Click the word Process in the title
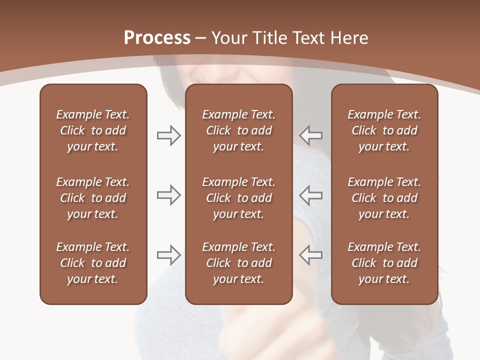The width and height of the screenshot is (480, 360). (x=157, y=38)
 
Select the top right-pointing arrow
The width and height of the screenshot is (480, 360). (x=168, y=135)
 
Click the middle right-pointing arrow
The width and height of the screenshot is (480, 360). (x=168, y=195)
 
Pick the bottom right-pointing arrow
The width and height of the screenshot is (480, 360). (x=168, y=255)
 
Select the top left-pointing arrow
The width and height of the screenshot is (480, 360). (x=311, y=135)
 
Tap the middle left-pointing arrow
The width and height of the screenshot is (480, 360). (x=311, y=195)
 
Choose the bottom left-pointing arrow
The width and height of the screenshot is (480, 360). (x=311, y=255)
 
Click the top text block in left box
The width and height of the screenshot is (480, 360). (x=93, y=130)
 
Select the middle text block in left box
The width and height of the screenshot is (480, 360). (x=93, y=198)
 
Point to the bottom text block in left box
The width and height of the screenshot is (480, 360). (x=93, y=263)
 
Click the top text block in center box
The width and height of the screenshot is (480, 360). (x=238, y=130)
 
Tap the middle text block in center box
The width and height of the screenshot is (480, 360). (x=238, y=198)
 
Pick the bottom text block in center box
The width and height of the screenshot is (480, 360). (x=238, y=263)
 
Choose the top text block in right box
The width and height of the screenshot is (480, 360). (x=384, y=130)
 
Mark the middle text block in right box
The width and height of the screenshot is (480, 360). (x=384, y=198)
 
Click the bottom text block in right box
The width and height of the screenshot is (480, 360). (x=384, y=263)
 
